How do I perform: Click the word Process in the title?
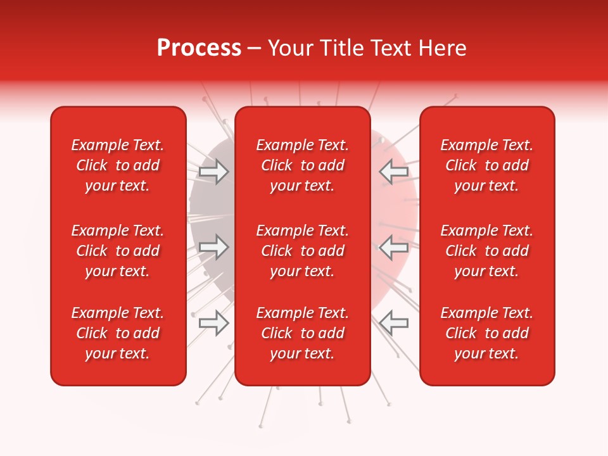point(199,48)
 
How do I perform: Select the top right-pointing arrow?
point(213,172)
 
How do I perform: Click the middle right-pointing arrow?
point(213,247)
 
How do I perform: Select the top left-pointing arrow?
point(394,172)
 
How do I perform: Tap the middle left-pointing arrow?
point(394,247)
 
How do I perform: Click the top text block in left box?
point(118,165)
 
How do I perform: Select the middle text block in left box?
point(118,251)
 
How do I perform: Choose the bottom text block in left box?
point(118,333)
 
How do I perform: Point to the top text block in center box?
point(303,165)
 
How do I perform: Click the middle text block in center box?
point(303,251)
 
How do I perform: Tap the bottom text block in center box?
point(303,333)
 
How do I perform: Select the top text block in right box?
point(487,165)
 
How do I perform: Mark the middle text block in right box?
point(487,251)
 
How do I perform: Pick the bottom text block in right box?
point(487,333)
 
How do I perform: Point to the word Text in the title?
point(392,48)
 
